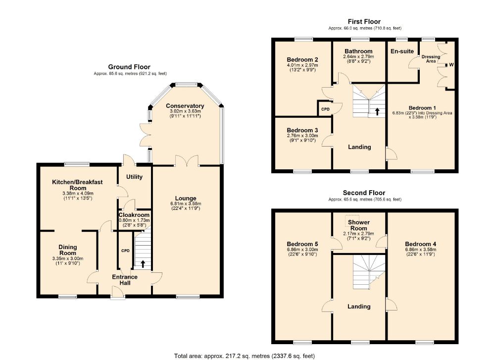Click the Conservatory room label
click(x=185, y=106)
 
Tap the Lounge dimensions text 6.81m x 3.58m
click(x=186, y=204)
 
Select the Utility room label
click(x=134, y=177)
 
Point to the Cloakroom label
click(x=134, y=215)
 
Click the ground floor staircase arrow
click(x=143, y=263)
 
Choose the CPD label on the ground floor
click(x=125, y=251)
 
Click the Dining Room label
click(x=68, y=250)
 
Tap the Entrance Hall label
click(x=125, y=280)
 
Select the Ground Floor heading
click(x=129, y=67)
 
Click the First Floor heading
click(x=364, y=21)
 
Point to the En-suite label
click(x=402, y=51)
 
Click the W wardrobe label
click(x=451, y=65)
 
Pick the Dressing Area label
click(x=431, y=59)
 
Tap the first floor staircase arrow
click(x=377, y=111)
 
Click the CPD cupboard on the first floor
click(x=325, y=109)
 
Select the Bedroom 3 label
click(x=302, y=130)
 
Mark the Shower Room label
click(x=358, y=225)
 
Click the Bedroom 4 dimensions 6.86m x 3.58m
click(x=421, y=249)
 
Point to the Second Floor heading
click(x=364, y=193)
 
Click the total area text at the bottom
click(x=245, y=356)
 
